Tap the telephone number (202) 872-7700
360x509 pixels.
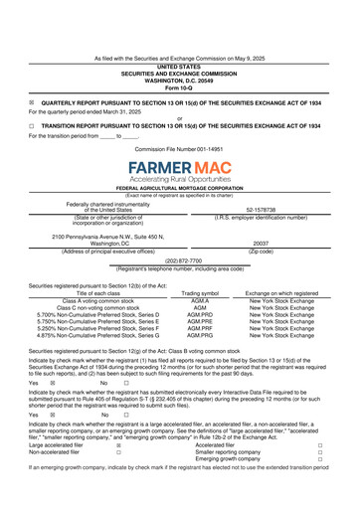pyautogui.click(x=179, y=261)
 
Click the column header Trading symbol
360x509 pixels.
pyautogui.click(x=180, y=293)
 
